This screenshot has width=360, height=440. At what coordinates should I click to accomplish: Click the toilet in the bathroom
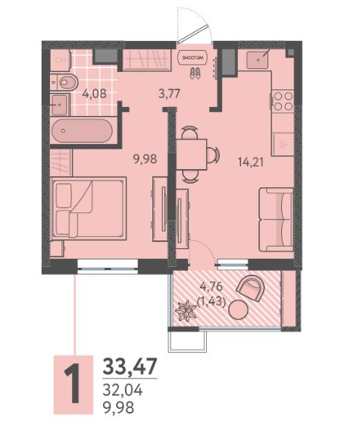click(x=64, y=82)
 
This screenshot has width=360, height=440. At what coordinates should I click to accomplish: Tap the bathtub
click(x=82, y=130)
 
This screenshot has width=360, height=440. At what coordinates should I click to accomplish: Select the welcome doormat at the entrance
click(x=193, y=57)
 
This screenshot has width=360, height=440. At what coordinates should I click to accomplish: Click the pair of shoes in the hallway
click(x=195, y=74)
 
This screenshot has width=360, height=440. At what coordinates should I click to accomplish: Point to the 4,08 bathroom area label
click(x=94, y=93)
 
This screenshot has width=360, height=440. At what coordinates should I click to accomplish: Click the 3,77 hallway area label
click(x=169, y=93)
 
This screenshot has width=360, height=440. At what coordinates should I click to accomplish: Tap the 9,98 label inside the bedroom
click(x=145, y=159)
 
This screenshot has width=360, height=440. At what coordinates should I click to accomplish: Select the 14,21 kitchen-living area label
click(x=251, y=162)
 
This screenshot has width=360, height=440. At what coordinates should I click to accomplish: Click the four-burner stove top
click(x=283, y=101)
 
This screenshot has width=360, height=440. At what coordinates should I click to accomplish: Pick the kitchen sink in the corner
click(x=258, y=59)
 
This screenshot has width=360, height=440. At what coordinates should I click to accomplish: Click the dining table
click(x=192, y=154)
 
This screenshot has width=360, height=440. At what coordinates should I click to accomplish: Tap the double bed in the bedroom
click(x=89, y=209)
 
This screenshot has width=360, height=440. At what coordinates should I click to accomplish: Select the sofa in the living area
click(x=276, y=219)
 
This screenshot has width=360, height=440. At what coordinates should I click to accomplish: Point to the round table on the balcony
click(x=238, y=310)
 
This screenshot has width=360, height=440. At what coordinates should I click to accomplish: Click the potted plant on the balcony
click(x=186, y=311)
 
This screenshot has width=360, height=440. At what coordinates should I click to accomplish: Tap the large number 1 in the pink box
click(x=74, y=385)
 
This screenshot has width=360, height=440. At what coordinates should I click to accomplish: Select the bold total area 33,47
click(x=130, y=366)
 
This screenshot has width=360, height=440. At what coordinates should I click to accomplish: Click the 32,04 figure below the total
click(x=123, y=391)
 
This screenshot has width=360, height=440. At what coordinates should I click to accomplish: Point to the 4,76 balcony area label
click(x=211, y=287)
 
